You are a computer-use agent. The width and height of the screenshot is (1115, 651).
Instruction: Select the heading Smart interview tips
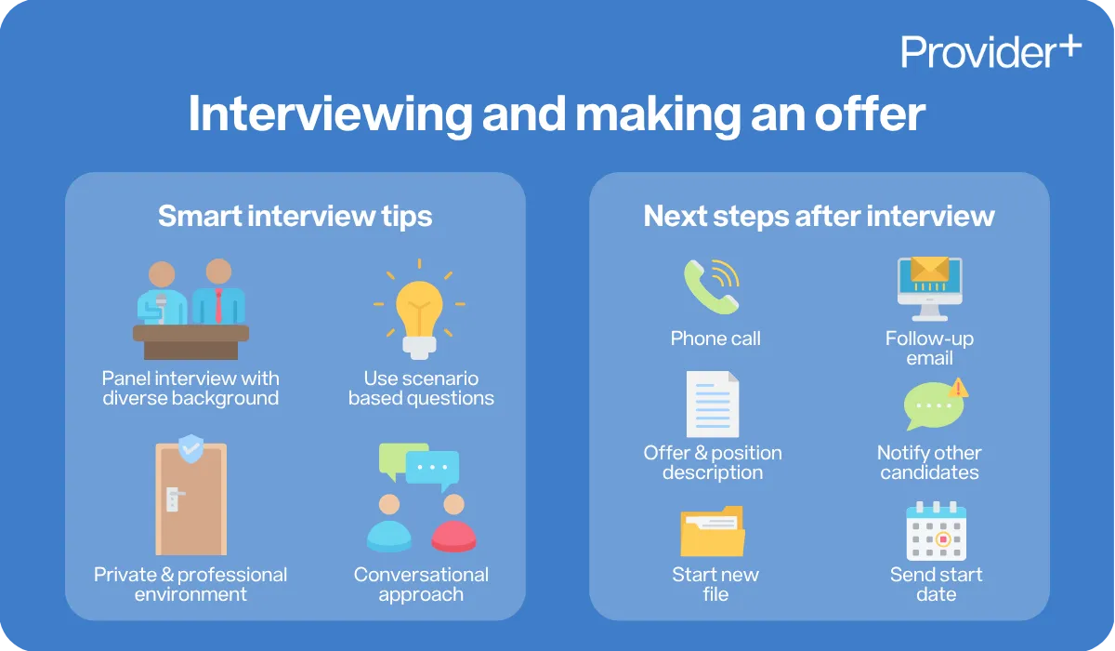click(295, 217)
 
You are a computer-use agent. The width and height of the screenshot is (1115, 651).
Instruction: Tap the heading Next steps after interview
click(819, 217)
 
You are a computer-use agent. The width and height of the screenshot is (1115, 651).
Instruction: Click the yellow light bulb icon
click(420, 312)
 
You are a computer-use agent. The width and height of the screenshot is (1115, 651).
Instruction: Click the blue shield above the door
click(191, 448)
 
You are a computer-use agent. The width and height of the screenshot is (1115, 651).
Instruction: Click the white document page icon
click(713, 405)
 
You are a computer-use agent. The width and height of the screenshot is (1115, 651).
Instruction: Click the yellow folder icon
click(713, 533)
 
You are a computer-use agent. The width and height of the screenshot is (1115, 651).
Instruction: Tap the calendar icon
click(936, 531)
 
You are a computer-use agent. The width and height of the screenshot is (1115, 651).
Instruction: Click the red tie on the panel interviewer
click(219, 306)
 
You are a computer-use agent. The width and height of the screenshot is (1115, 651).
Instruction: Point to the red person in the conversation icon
click(453, 525)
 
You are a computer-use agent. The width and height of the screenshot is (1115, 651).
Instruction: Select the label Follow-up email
click(929, 348)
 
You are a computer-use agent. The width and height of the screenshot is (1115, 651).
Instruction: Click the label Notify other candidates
click(929, 462)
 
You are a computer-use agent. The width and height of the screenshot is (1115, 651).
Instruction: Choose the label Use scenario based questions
click(421, 389)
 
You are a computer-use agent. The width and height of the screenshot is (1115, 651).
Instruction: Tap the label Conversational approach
click(421, 584)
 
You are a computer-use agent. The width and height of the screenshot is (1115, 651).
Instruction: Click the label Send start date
click(936, 584)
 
